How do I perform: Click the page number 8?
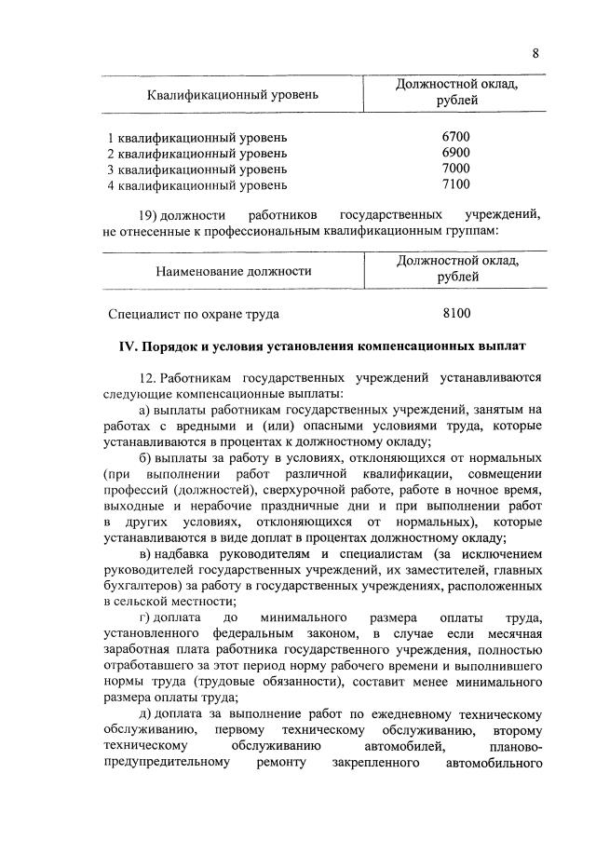[535, 53]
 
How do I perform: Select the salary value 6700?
[456, 137]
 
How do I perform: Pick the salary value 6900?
[456, 153]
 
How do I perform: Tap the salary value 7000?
[456, 169]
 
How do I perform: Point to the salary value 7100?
[456, 184]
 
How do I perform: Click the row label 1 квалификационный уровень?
[197, 137]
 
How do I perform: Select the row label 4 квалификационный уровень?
[197, 184]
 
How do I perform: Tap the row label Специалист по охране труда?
[194, 314]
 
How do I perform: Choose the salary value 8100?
[456, 314]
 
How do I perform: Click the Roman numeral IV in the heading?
[128, 346]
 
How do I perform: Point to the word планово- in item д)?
[514, 747]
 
